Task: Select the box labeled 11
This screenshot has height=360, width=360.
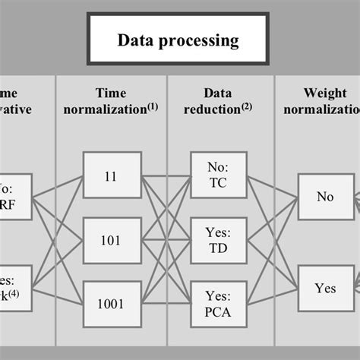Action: (112, 175)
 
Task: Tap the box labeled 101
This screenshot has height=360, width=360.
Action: (112, 239)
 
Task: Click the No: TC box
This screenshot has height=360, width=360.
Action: (217, 175)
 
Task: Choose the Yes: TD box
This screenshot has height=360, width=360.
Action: (217, 239)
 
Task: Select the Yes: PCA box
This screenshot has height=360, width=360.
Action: (217, 302)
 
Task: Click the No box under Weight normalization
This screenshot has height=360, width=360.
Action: (325, 197)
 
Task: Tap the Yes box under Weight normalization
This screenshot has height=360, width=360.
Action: (325, 288)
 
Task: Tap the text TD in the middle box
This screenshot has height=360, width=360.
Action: (217, 248)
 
